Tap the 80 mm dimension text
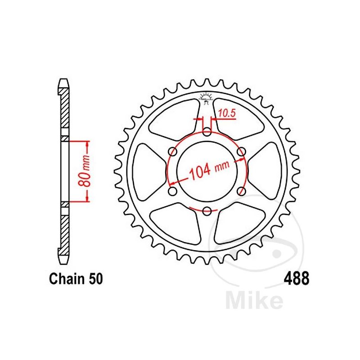[x=84, y=171]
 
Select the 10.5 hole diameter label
[x=227, y=113]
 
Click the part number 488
[x=297, y=278]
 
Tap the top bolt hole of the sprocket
[x=207, y=132]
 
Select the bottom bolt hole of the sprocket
[x=207, y=210]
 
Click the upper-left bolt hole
[x=173, y=152]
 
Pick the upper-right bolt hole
[x=241, y=152]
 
